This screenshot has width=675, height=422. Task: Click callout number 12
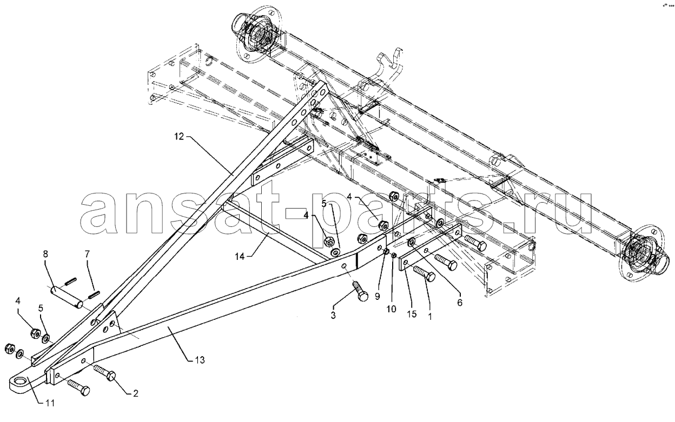click(x=178, y=136)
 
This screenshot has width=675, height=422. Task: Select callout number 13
click(x=200, y=360)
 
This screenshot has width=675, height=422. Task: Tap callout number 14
click(x=240, y=257)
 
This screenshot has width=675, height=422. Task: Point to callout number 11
click(x=50, y=403)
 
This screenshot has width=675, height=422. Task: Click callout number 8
click(x=45, y=254)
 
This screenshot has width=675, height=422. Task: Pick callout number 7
click(x=87, y=254)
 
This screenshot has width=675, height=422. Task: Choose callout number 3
click(x=333, y=315)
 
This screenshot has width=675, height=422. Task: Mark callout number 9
click(x=378, y=297)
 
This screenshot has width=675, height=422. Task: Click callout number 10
click(x=392, y=309)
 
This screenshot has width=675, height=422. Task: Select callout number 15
click(x=412, y=314)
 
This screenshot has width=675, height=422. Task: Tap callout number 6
click(x=460, y=303)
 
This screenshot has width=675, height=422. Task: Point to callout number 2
click(x=136, y=393)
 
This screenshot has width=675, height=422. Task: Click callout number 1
click(x=430, y=317)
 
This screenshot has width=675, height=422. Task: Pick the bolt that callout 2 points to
click(x=104, y=372)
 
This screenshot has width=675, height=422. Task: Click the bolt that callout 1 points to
click(x=424, y=273)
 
